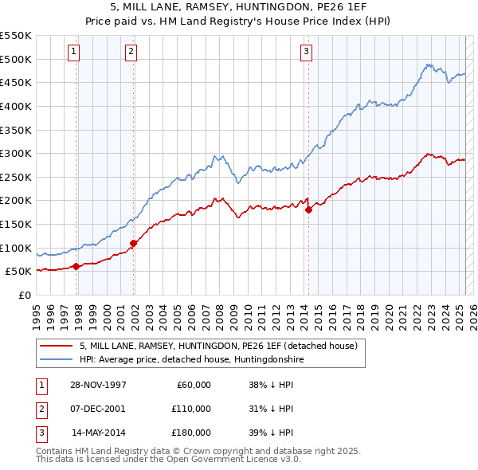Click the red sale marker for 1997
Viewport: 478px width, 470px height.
tap(76, 267)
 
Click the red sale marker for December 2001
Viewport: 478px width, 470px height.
tap(133, 243)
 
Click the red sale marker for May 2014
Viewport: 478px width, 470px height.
tap(308, 210)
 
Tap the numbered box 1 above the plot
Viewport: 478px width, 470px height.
tap(73, 53)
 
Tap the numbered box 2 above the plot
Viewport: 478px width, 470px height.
tap(131, 53)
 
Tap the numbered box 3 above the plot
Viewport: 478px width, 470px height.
tap(306, 53)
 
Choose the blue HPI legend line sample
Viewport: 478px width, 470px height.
tap(56, 360)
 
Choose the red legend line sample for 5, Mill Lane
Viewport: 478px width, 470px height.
tap(56, 347)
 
